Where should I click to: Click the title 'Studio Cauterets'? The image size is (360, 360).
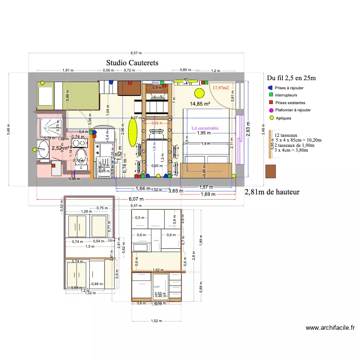(x=132, y=63)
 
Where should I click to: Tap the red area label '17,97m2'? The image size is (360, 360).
(x=221, y=88)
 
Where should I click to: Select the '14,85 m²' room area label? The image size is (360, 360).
(x=200, y=104)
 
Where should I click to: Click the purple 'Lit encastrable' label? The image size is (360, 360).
(x=205, y=128)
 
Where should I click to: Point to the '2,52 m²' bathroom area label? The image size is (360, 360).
(x=59, y=148)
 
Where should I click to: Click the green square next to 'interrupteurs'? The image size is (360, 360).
(x=271, y=96)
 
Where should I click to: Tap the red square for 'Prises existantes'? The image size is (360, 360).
(x=271, y=103)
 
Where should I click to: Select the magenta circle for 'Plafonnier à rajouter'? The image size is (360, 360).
(x=271, y=110)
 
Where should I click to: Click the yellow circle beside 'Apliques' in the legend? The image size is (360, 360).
(x=271, y=118)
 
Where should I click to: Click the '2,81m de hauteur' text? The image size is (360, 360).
(x=272, y=192)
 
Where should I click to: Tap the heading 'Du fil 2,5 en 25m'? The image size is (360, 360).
(x=291, y=78)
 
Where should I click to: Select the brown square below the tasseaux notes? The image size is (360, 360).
(x=271, y=172)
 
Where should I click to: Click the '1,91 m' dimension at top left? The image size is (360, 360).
(x=68, y=70)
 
